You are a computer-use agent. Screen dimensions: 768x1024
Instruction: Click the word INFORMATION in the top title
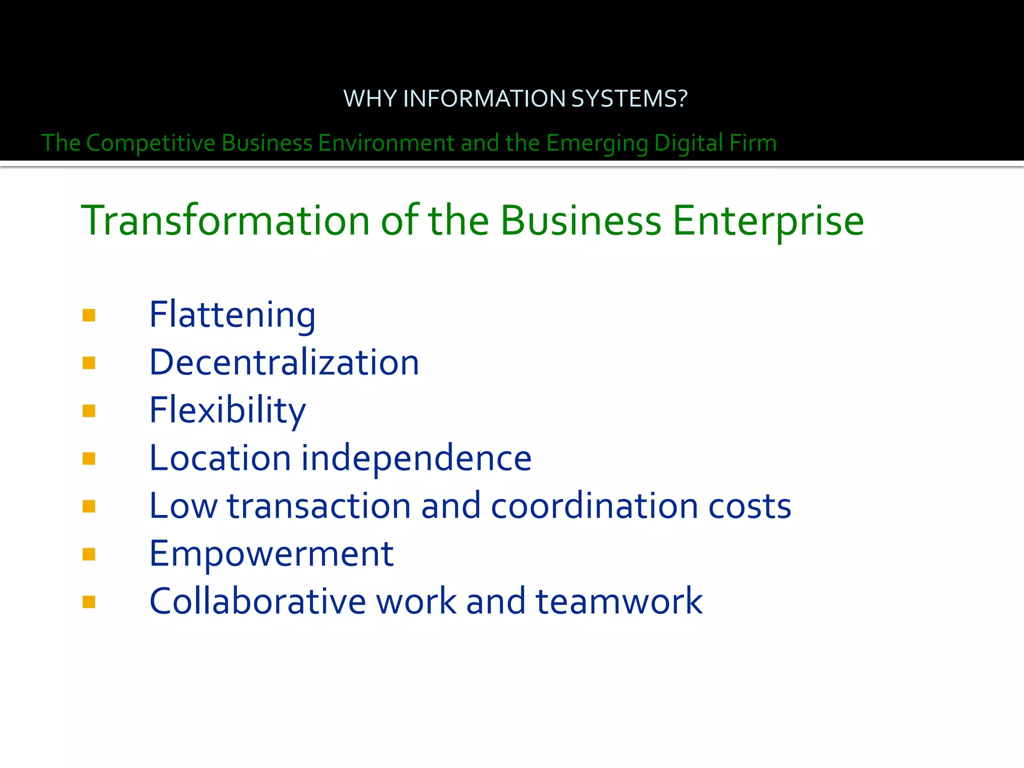click(x=483, y=98)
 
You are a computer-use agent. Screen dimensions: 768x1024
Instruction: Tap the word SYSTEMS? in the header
click(x=629, y=98)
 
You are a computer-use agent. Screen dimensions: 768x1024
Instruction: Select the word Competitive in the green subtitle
click(x=150, y=143)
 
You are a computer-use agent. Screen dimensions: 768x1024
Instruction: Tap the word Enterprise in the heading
click(x=768, y=221)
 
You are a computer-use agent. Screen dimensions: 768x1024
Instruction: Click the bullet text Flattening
click(x=232, y=315)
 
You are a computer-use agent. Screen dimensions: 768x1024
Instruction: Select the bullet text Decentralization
click(x=284, y=362)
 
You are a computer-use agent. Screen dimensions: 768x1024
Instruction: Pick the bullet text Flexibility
click(x=227, y=410)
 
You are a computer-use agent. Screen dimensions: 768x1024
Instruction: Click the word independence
click(x=416, y=458)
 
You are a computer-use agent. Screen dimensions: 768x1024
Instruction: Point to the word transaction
click(x=319, y=506)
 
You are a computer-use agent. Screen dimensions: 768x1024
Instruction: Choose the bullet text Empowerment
click(x=271, y=554)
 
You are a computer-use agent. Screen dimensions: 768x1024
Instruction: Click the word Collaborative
click(x=258, y=601)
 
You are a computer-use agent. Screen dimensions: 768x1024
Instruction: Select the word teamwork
click(x=619, y=601)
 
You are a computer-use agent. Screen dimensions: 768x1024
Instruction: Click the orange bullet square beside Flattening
click(x=89, y=315)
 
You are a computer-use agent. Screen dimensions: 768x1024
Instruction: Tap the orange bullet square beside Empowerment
click(x=89, y=554)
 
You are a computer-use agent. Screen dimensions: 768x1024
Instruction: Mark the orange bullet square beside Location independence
click(x=89, y=458)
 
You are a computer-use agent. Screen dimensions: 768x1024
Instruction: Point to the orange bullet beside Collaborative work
click(x=89, y=601)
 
